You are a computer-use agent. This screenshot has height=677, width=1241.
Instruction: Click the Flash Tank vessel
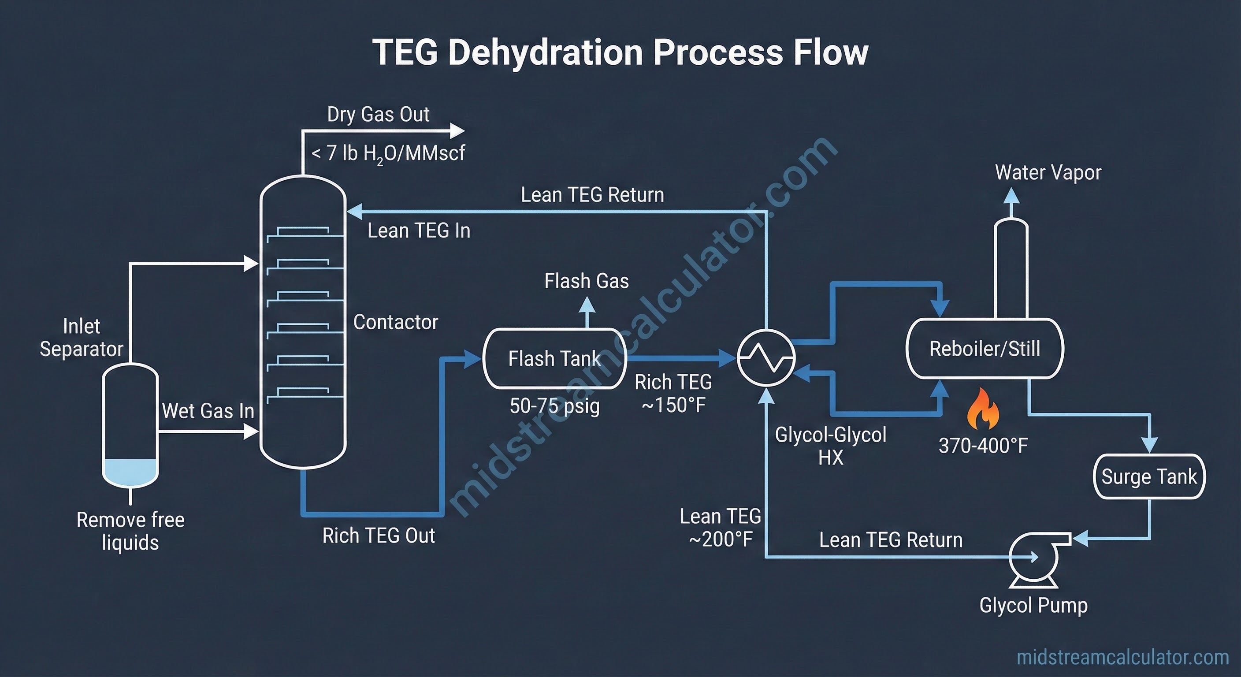click(x=554, y=358)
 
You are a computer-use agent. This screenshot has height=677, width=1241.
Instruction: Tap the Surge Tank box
click(x=1149, y=476)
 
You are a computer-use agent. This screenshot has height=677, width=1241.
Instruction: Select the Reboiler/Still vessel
click(x=984, y=348)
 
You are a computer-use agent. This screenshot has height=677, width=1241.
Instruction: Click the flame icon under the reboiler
click(x=983, y=410)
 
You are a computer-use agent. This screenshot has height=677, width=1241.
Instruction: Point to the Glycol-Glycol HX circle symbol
click(x=766, y=357)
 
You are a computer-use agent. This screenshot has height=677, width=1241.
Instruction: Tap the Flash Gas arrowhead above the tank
click(x=586, y=305)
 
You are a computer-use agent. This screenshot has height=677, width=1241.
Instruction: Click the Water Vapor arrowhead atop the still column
click(x=1011, y=196)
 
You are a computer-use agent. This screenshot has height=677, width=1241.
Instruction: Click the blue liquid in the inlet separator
click(x=130, y=470)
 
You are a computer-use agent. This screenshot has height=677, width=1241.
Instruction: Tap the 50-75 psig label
click(x=554, y=406)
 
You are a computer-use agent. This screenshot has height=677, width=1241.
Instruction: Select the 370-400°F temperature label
click(x=983, y=445)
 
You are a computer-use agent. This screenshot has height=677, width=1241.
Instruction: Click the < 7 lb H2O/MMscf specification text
click(x=388, y=153)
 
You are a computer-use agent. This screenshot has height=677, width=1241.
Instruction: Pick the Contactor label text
click(x=395, y=322)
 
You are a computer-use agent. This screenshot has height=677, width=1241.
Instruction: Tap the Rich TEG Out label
click(x=378, y=536)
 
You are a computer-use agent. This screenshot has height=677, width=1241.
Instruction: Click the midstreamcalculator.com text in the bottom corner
click(x=1122, y=657)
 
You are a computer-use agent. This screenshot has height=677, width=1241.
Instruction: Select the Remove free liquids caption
click(x=130, y=531)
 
